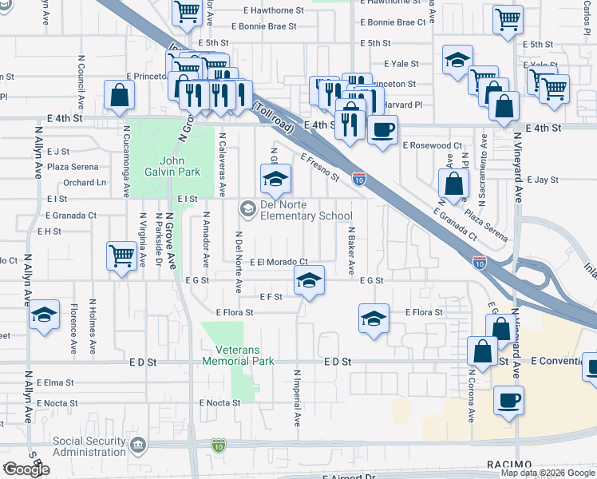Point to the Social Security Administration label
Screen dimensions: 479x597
point(89,445)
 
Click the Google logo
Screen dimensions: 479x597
point(26,469)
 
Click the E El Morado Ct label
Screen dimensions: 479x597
point(279,262)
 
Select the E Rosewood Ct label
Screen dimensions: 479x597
point(432,145)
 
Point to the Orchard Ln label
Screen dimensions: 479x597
point(85,183)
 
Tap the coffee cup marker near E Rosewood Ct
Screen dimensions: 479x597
point(382,129)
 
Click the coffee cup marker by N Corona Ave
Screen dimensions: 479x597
point(508,400)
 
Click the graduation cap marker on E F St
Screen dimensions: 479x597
point(309,280)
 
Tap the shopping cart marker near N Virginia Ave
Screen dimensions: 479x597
point(121,256)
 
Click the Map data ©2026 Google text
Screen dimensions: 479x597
point(547,473)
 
